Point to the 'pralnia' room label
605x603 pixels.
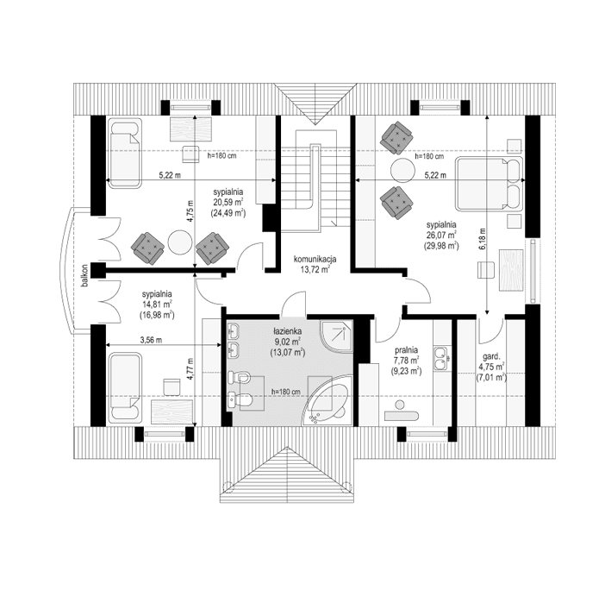[406, 350]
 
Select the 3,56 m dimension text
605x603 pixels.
[153, 340]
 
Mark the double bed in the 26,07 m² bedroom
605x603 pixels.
[490, 183]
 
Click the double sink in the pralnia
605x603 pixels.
[443, 358]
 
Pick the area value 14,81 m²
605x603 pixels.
[158, 305]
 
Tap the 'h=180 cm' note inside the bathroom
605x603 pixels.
[285, 392]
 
